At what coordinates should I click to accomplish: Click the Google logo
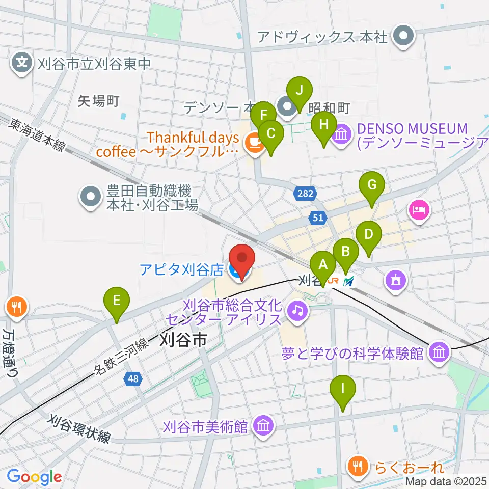point(34,477)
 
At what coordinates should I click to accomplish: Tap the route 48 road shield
point(134,378)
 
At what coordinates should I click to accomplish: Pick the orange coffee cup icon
point(253,143)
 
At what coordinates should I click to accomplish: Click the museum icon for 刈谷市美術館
point(263,426)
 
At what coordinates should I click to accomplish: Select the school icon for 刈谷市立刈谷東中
point(22,64)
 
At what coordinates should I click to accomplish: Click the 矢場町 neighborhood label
point(98,101)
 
